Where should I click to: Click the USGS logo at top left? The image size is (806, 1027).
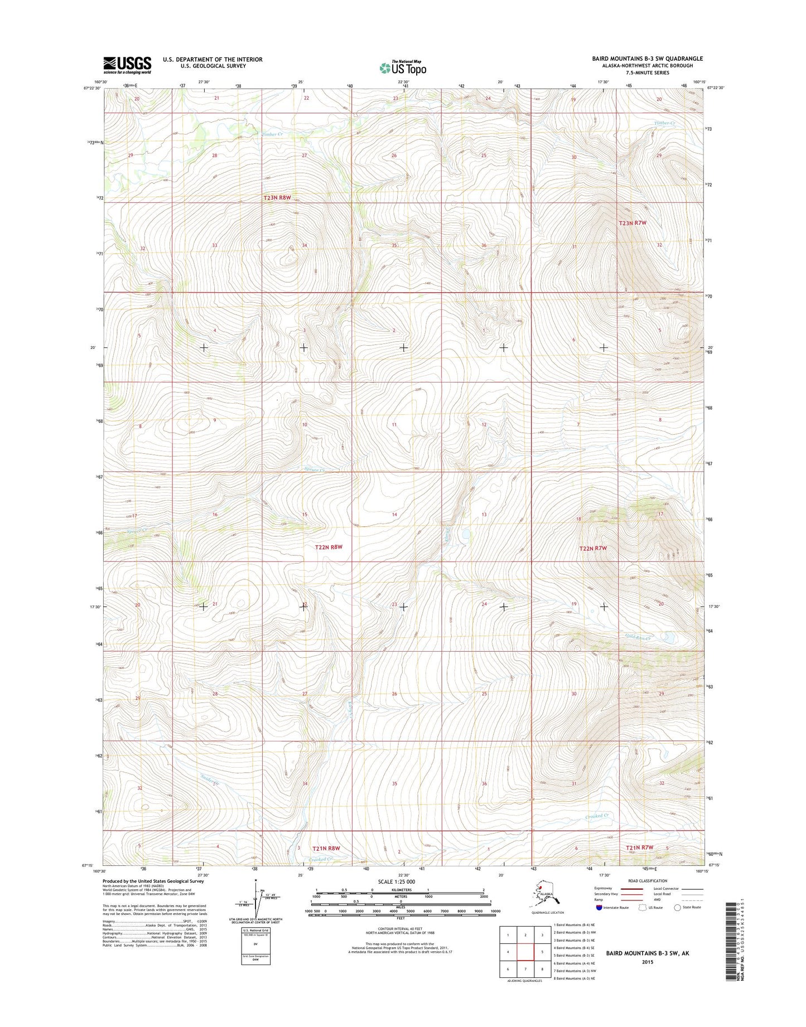click(127, 65)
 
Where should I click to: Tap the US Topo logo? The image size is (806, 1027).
click(403, 67)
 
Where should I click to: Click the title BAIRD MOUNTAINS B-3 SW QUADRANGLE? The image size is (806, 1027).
click(640, 59)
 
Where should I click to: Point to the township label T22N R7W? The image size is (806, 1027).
click(592, 548)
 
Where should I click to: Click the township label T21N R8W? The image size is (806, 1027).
click(326, 848)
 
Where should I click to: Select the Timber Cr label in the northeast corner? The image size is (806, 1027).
click(664, 123)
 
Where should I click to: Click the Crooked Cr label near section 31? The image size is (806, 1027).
click(596, 816)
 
